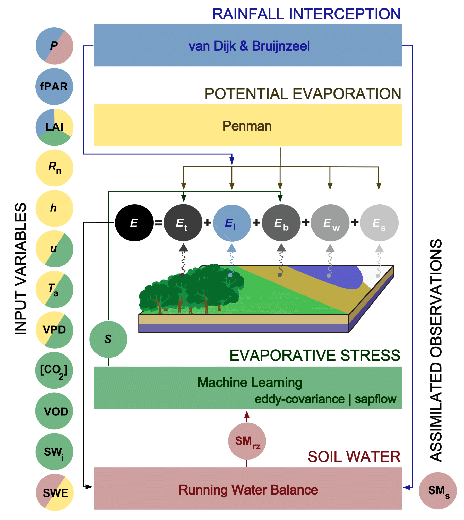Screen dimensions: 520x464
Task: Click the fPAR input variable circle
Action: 54,87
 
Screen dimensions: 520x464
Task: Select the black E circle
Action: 134,223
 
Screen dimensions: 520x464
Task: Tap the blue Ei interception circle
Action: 232,223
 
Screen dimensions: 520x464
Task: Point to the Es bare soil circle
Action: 379,223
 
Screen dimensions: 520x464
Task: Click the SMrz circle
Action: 247,441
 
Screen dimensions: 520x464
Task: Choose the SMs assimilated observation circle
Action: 438,491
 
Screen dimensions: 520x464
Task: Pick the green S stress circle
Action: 108,339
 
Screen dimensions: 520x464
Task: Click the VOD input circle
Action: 54,411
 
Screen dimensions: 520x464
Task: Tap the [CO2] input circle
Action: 54,370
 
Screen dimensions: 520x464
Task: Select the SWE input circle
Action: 54,492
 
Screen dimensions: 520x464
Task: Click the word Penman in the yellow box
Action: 247,126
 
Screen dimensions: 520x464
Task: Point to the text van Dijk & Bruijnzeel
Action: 249,46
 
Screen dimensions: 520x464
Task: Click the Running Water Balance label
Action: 248,490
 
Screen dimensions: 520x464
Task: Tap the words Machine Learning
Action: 250,383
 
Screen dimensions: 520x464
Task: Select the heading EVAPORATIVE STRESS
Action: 315,356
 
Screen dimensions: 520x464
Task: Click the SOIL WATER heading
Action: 354,457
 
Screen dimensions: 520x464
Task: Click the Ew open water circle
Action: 330,223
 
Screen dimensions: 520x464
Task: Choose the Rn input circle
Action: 54,168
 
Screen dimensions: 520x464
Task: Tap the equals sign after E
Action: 158,223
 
